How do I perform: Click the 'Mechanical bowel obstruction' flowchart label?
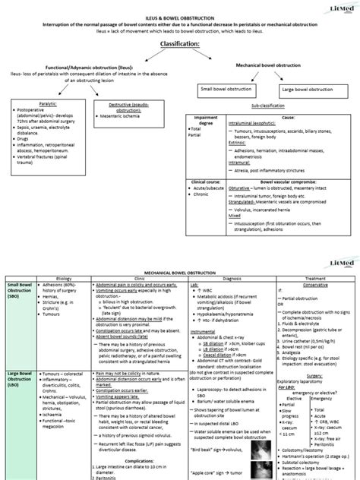[x=267, y=67]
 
